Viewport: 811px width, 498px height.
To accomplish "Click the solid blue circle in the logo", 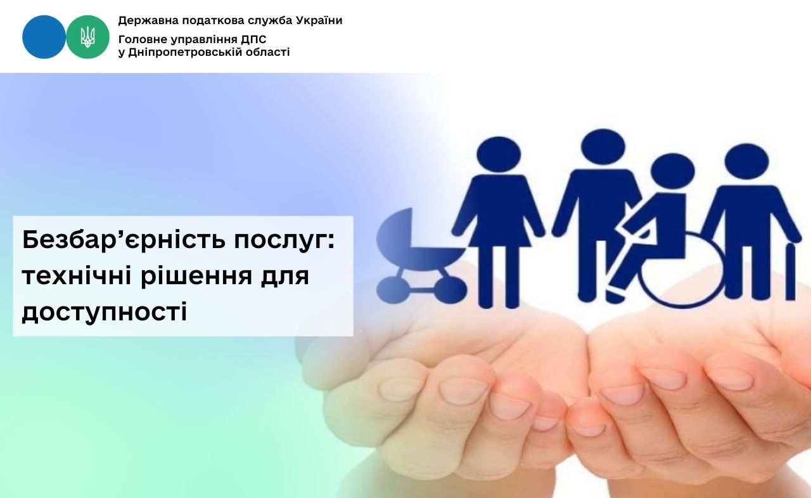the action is click(44, 37).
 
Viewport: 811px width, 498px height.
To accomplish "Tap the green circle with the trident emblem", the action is click(87, 37).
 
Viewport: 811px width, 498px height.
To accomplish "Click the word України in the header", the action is click(319, 21).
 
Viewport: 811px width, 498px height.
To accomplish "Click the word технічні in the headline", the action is click(77, 275).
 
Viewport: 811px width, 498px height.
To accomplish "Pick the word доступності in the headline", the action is click(105, 311).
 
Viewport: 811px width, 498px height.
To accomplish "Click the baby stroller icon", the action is click(422, 256).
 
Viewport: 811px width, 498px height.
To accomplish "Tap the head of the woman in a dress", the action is click(499, 155).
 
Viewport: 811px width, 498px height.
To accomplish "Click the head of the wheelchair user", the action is click(672, 172).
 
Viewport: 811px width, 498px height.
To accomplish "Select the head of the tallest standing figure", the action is click(603, 148).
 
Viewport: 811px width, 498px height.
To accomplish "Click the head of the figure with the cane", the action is click(746, 162).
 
